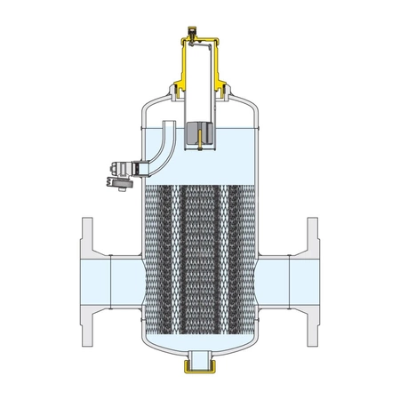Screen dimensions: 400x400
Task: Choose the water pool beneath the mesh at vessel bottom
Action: point(200,342)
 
